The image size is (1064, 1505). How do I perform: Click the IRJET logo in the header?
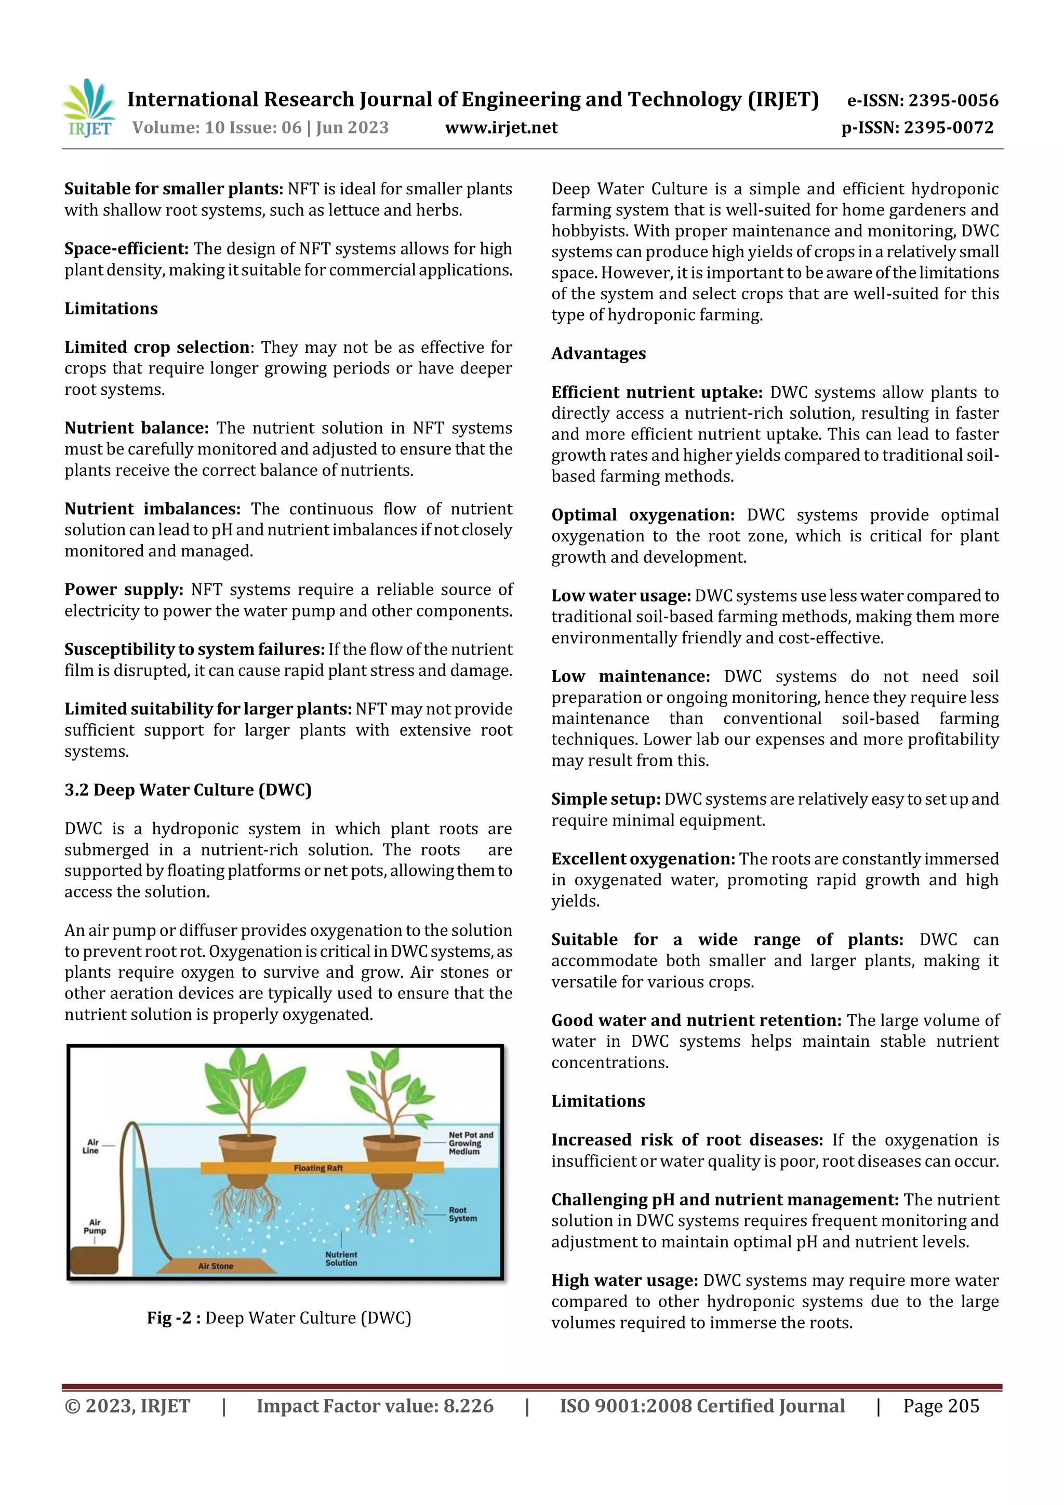88,108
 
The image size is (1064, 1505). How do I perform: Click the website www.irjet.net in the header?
501,128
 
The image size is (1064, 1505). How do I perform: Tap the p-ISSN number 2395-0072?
949,128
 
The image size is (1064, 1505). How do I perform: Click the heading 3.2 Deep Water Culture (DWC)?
188,790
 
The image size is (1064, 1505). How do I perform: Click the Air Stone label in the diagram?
215,1266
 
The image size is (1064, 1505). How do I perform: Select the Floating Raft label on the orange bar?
318,1167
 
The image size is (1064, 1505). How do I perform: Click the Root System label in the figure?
462,1214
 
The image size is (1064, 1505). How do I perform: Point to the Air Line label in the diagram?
91,1146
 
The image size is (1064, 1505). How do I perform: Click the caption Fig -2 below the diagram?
278,1317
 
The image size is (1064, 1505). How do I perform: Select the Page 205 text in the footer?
940,1406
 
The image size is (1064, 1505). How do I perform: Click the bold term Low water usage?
620,596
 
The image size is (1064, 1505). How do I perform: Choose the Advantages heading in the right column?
598,353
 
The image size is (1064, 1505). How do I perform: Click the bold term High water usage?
624,1280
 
